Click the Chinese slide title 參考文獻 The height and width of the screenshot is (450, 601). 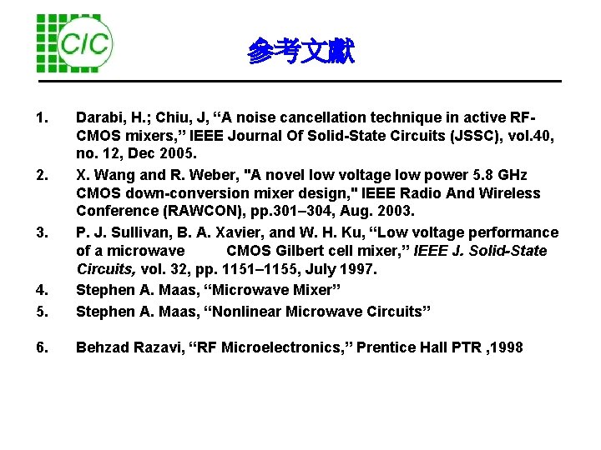click(x=300, y=52)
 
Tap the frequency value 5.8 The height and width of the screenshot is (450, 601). click(x=480, y=175)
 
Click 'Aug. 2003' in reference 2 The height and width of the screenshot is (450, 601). click(x=343, y=212)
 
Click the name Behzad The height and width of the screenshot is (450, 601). click(x=102, y=347)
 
